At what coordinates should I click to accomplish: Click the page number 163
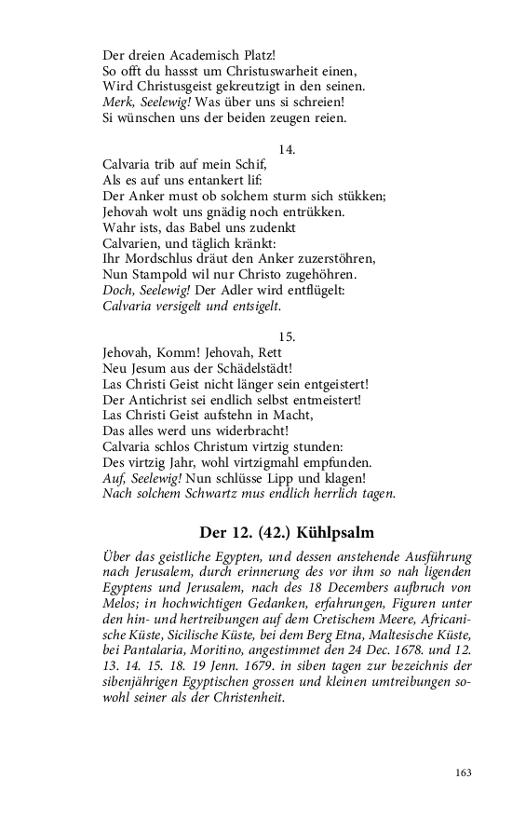(464, 772)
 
